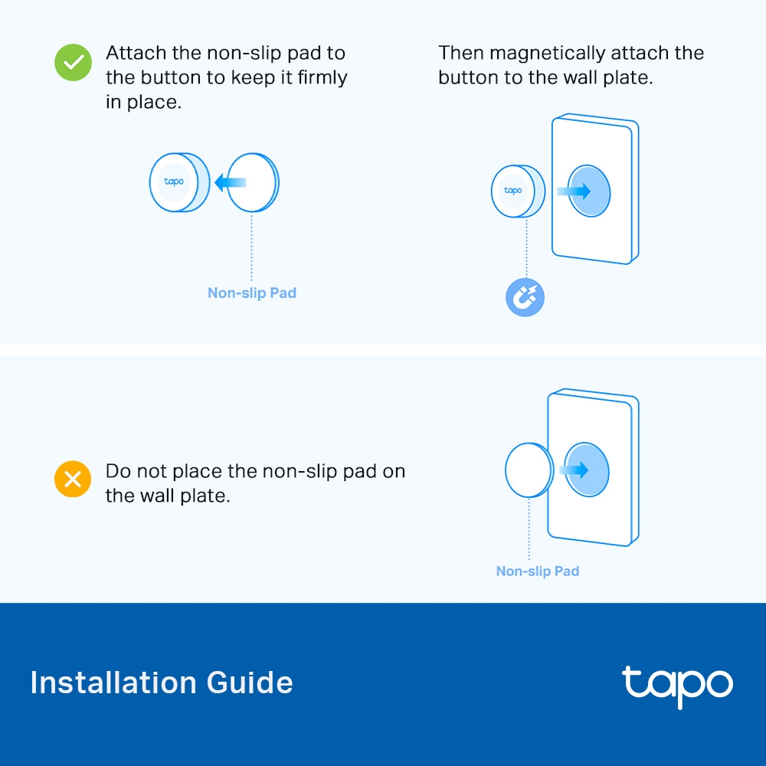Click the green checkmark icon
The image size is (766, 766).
pos(73,63)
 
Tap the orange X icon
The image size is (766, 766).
pos(73,479)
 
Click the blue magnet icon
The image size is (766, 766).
pos(525,297)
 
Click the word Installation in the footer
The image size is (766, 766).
pos(113,683)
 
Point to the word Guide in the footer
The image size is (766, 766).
pos(250,683)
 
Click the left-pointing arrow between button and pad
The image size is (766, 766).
pos(230,183)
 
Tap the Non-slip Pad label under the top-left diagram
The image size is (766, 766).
pos(252,293)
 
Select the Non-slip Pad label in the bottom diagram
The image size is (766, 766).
pos(538,571)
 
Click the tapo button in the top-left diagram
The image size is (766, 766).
pos(178,182)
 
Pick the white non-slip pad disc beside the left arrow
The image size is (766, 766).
pos(253,182)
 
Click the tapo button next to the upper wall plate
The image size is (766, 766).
pos(517,191)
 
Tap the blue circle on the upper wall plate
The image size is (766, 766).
pos(589,191)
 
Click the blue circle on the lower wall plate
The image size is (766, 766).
pos(587,470)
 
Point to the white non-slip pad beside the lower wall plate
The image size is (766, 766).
pos(529,470)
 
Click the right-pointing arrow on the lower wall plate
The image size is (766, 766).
pos(574,470)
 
